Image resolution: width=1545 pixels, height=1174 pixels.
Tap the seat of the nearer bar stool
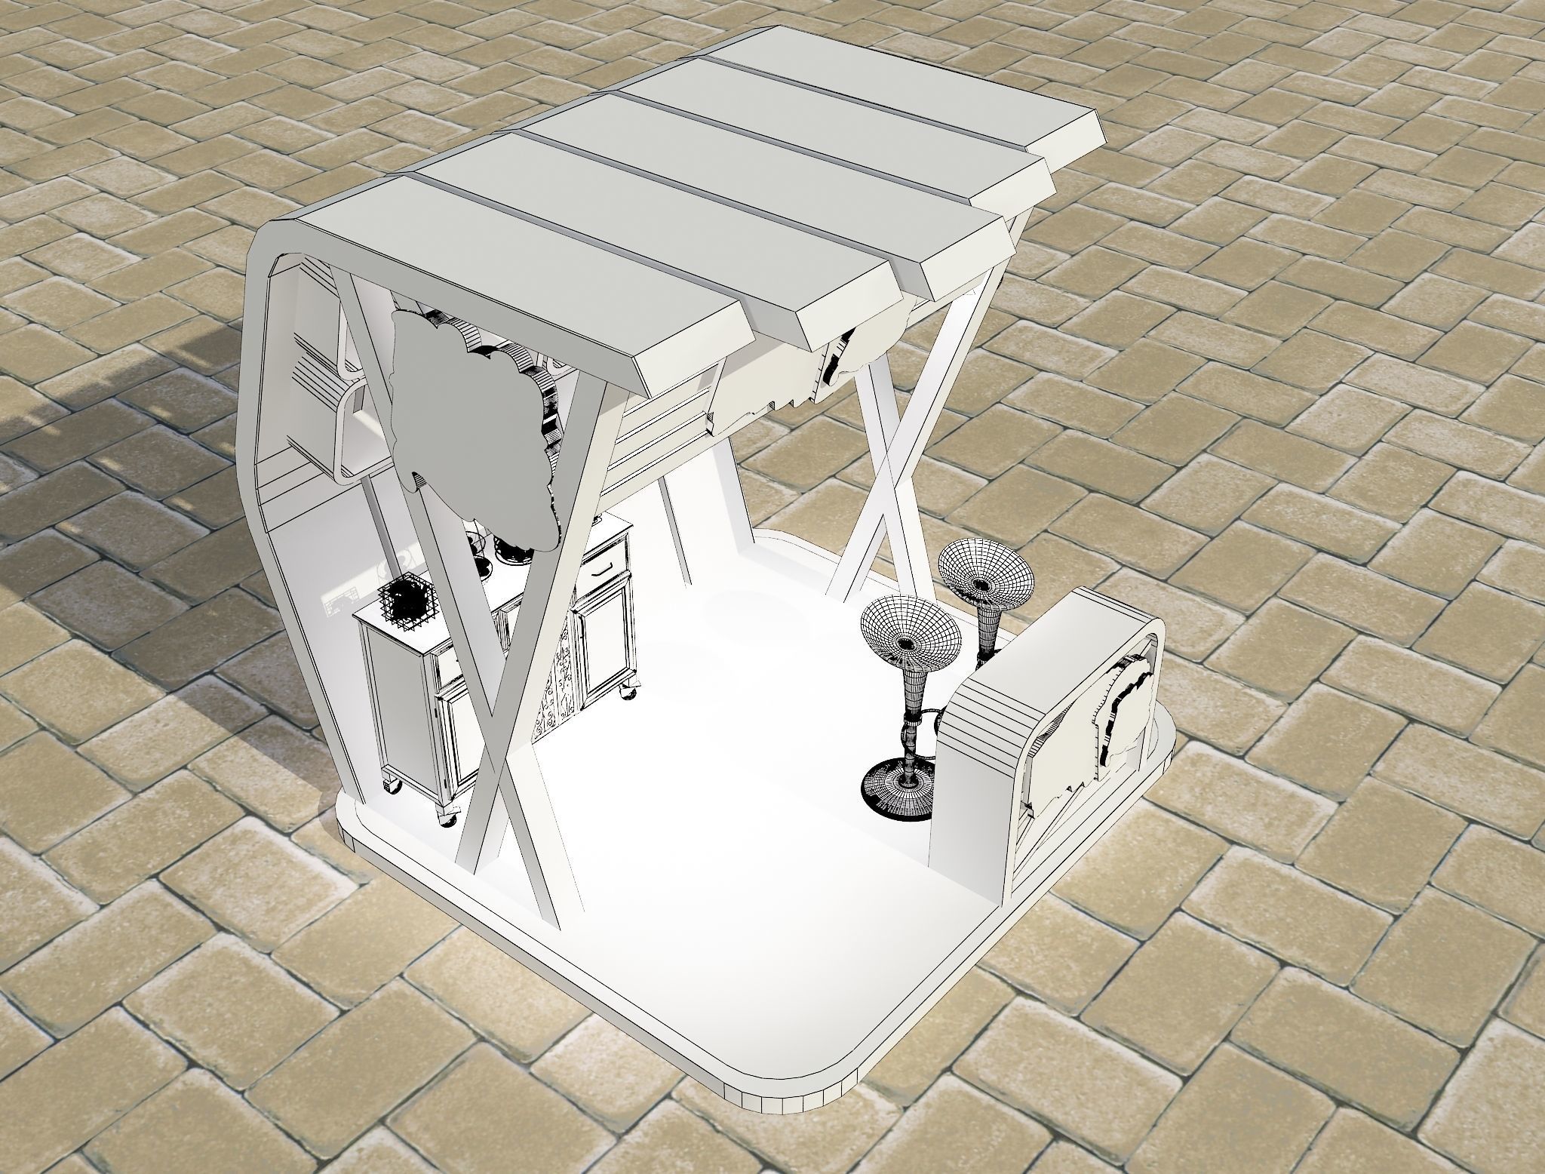coord(910,642)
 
